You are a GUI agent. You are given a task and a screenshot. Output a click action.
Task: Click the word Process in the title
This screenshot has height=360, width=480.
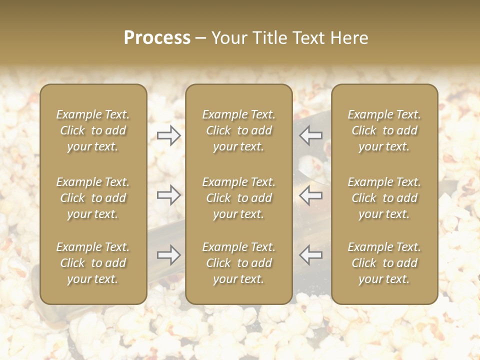[x=157, y=38]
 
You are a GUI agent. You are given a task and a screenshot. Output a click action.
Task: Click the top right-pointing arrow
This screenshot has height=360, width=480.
[x=168, y=135]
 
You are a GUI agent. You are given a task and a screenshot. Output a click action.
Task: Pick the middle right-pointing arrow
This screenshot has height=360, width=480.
[x=168, y=195]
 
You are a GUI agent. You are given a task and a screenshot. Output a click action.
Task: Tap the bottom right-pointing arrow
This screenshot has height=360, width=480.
[x=168, y=255]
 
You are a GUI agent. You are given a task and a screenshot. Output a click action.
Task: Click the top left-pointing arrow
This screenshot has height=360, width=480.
[x=311, y=135]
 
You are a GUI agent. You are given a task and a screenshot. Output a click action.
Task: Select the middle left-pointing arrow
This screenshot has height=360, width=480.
[x=311, y=195]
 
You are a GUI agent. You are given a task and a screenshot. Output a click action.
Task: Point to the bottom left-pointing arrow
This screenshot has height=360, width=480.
[x=311, y=255]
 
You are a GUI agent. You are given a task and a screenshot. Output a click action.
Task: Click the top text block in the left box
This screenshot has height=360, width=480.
[x=93, y=130]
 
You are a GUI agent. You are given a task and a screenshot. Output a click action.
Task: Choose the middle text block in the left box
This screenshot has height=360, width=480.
[x=93, y=198]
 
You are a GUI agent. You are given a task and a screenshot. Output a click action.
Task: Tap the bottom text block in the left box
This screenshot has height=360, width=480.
[x=93, y=263]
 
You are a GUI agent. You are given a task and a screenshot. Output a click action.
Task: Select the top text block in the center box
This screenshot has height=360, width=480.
[x=239, y=130]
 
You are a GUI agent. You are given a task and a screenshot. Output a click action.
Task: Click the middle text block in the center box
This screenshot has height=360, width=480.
[x=239, y=198]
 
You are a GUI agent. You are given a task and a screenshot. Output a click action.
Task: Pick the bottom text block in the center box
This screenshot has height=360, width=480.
[x=239, y=263]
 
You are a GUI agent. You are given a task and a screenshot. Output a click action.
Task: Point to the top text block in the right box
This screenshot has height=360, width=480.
[x=384, y=130]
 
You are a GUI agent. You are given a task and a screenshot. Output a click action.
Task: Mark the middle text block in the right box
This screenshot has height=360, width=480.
[x=384, y=198]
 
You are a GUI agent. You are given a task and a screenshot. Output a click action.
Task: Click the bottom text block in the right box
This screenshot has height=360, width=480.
[x=384, y=263]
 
